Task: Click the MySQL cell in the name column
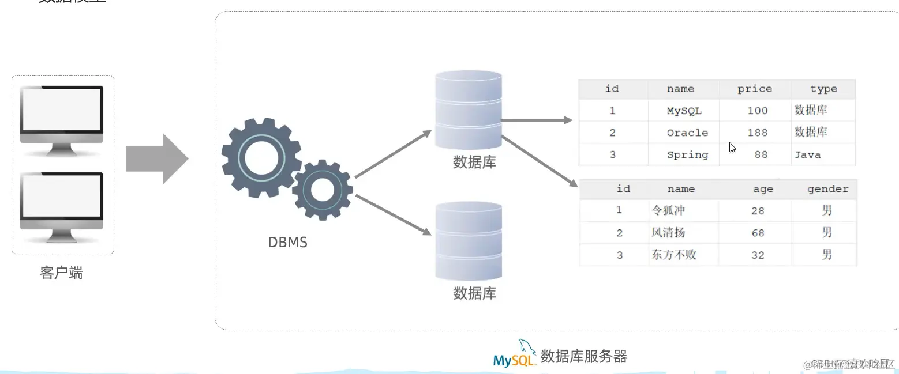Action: (684, 111)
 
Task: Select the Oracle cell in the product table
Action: (687, 133)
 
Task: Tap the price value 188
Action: (757, 133)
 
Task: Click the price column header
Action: (754, 89)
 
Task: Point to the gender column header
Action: (827, 189)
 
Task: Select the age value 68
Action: (758, 233)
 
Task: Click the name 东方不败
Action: (673, 255)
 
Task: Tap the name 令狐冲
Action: (668, 211)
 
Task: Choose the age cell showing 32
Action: (758, 255)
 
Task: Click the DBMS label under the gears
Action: (287, 243)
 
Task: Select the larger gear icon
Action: (261, 157)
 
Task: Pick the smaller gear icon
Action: (323, 190)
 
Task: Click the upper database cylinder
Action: (468, 109)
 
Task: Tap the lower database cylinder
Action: (468, 241)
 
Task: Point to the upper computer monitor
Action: (62, 119)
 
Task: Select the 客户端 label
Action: (61, 273)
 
